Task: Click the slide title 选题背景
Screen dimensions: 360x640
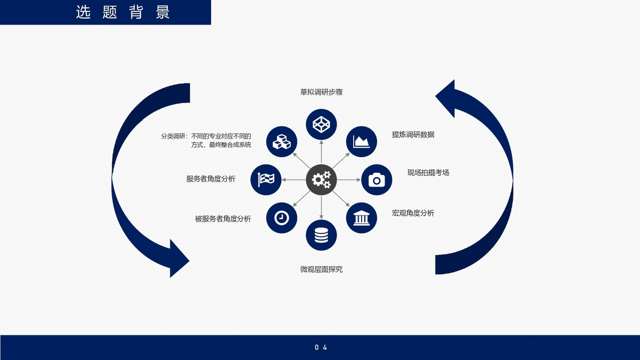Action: pos(122,13)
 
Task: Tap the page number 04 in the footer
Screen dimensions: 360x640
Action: pos(321,347)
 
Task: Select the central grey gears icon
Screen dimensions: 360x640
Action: pos(321,179)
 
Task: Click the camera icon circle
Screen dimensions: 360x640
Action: pos(376,179)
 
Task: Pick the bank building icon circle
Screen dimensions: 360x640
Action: pos(361,218)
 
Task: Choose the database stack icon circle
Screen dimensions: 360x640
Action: pos(321,235)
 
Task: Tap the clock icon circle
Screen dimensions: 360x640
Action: pos(281,218)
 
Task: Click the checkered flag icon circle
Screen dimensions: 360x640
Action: pos(266,179)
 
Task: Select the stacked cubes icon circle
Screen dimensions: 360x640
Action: pos(281,142)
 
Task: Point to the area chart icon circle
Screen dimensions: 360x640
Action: pos(361,142)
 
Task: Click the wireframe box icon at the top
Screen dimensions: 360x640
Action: pos(321,125)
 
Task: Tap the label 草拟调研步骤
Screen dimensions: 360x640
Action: pos(321,92)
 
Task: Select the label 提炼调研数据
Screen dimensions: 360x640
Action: pos(413,134)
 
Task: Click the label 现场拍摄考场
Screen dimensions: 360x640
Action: pos(428,173)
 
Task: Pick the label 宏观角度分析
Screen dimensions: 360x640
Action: pos(413,213)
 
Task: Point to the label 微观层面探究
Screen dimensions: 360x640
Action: pos(321,269)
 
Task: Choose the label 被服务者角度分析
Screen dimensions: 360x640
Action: pos(223,219)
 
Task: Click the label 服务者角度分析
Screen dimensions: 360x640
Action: pos(211,179)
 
